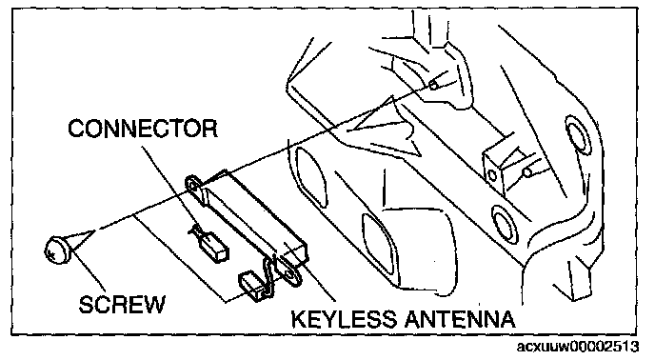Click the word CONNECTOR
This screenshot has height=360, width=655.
tap(143, 128)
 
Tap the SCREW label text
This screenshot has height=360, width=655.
tap(122, 305)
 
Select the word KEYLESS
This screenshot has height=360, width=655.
tap(344, 319)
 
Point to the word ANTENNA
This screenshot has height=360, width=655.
tap(460, 319)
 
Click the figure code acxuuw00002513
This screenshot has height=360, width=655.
tap(578, 347)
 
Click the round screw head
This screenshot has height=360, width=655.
tap(56, 250)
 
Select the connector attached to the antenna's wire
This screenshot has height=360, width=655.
tap(255, 286)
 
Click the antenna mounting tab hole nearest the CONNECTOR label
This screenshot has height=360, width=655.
tap(193, 185)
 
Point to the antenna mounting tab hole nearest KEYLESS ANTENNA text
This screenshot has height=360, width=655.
tap(289, 271)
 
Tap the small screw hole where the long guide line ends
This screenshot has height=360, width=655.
tap(433, 86)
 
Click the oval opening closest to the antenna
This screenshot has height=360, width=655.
tap(311, 173)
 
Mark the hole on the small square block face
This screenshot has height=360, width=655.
tap(493, 175)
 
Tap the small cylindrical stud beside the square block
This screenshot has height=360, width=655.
tap(527, 171)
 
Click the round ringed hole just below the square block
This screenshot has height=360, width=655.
tap(504, 223)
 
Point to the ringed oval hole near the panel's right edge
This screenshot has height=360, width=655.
tap(578, 133)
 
